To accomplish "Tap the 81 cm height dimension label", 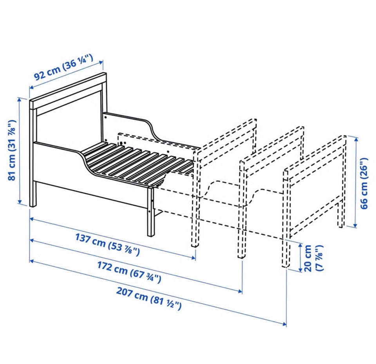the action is point(11,150).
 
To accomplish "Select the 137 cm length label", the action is point(107,244).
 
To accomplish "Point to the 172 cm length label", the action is point(129,272).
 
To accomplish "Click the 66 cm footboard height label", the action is point(364,183).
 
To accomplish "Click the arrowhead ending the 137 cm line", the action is point(194,258).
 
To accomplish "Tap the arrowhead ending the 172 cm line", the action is point(240,291).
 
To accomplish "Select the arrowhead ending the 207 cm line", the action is point(284,324).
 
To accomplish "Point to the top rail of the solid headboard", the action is point(68,91).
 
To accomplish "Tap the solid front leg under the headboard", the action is point(33,193).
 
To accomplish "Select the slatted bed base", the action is point(137,163).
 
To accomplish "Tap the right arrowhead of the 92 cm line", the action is point(102,62).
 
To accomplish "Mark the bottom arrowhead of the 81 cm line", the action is point(20,201).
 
